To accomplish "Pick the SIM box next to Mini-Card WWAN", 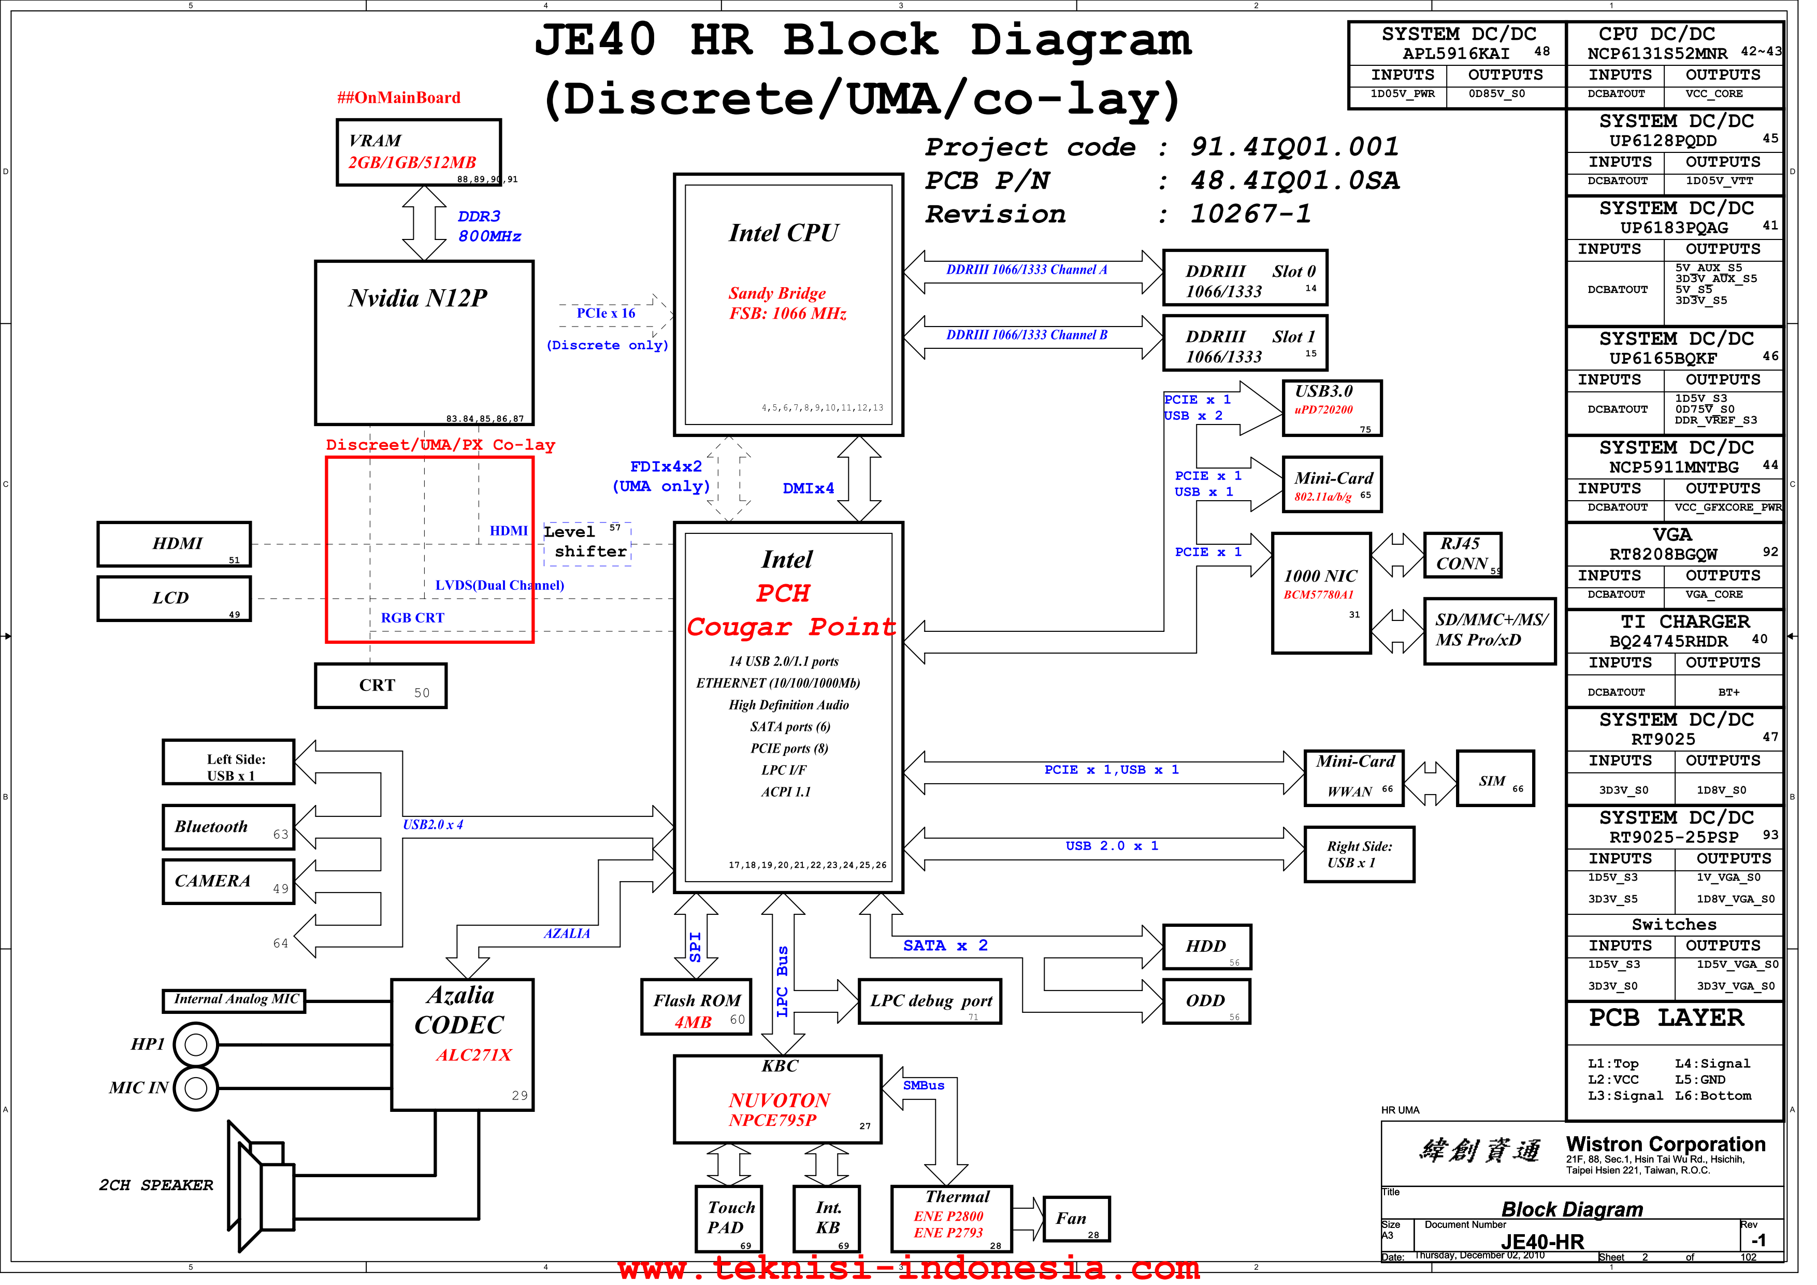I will [1510, 786].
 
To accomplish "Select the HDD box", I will [1219, 956].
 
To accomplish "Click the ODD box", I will [1219, 1011].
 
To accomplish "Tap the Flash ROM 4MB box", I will [703, 1016].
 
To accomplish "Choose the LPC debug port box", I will [940, 1011].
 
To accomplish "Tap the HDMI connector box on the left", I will [176, 549].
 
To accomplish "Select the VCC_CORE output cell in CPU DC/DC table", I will [1739, 95].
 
